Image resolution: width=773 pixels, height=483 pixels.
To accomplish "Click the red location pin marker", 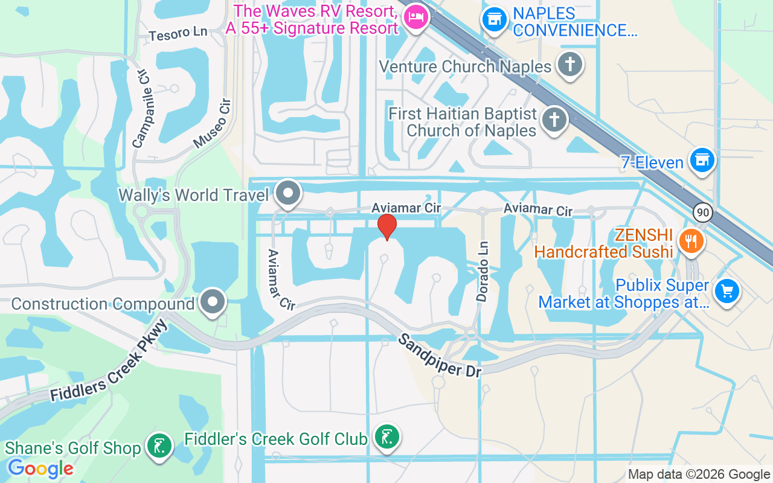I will coord(386,227).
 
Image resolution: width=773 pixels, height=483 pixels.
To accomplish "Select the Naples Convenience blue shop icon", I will coord(494,19).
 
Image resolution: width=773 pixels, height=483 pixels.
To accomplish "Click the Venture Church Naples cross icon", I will coord(569,64).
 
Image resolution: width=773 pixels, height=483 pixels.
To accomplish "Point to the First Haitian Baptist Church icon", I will coord(553,120).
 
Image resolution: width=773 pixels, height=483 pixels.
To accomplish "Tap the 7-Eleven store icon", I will coord(702,160).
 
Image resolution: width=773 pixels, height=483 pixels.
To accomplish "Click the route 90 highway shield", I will coord(702,212).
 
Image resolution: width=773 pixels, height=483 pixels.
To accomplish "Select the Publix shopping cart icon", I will coord(726,292).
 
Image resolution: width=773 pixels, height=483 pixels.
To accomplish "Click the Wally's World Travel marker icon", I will coord(288,194).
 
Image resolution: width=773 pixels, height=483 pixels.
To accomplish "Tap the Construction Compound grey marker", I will coord(213,302).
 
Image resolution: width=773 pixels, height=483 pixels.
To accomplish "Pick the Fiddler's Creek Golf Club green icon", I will coord(386,437).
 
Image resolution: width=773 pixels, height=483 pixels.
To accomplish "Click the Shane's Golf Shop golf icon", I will coord(159,447).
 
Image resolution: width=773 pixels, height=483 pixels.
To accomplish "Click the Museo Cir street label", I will coord(213,124).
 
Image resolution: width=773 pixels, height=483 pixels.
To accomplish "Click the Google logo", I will coord(40,469).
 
